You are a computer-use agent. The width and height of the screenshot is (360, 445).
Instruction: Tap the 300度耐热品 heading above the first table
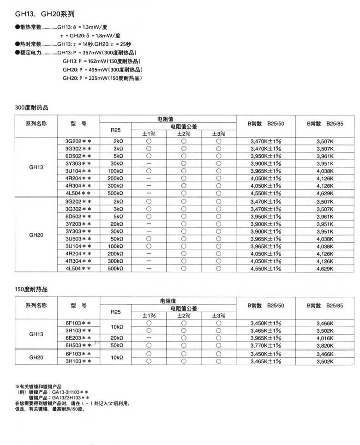pyautogui.click(x=31, y=108)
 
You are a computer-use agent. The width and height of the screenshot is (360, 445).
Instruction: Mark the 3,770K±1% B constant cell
pyautogui.click(x=265, y=345)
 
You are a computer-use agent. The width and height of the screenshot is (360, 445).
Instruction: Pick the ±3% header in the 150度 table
pyautogui.click(x=218, y=315)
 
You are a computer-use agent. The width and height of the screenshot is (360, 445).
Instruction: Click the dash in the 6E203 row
pyautogui.click(x=149, y=338)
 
